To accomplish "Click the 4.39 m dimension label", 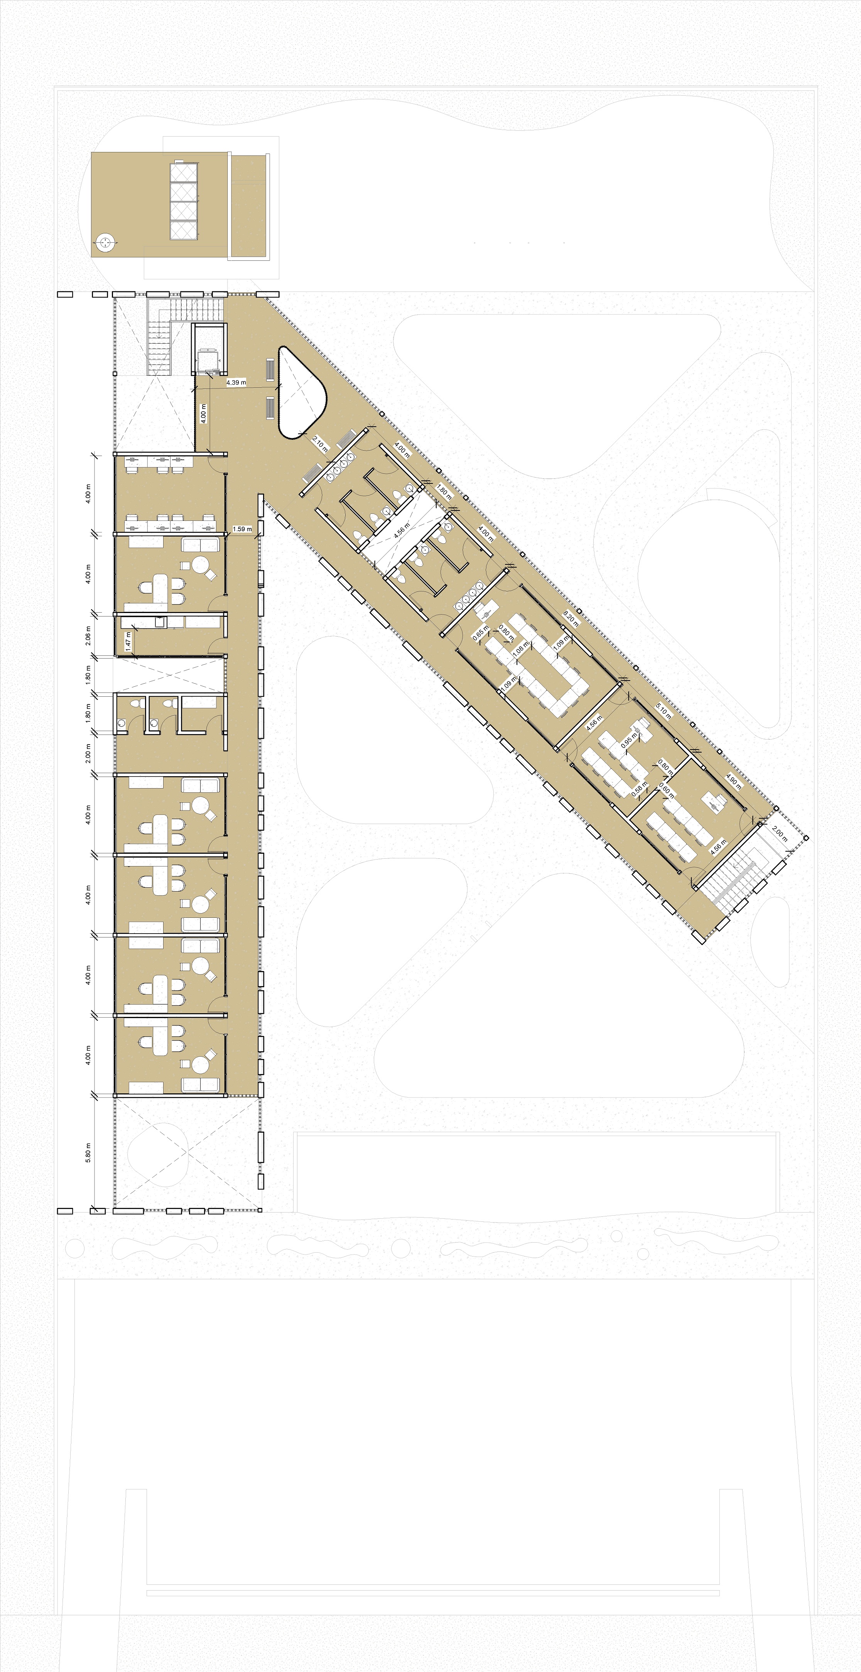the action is coord(236,383).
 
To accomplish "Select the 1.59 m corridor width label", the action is coord(242,529).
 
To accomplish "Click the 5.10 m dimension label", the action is coord(663,711).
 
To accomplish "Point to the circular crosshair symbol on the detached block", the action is coord(105,243).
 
